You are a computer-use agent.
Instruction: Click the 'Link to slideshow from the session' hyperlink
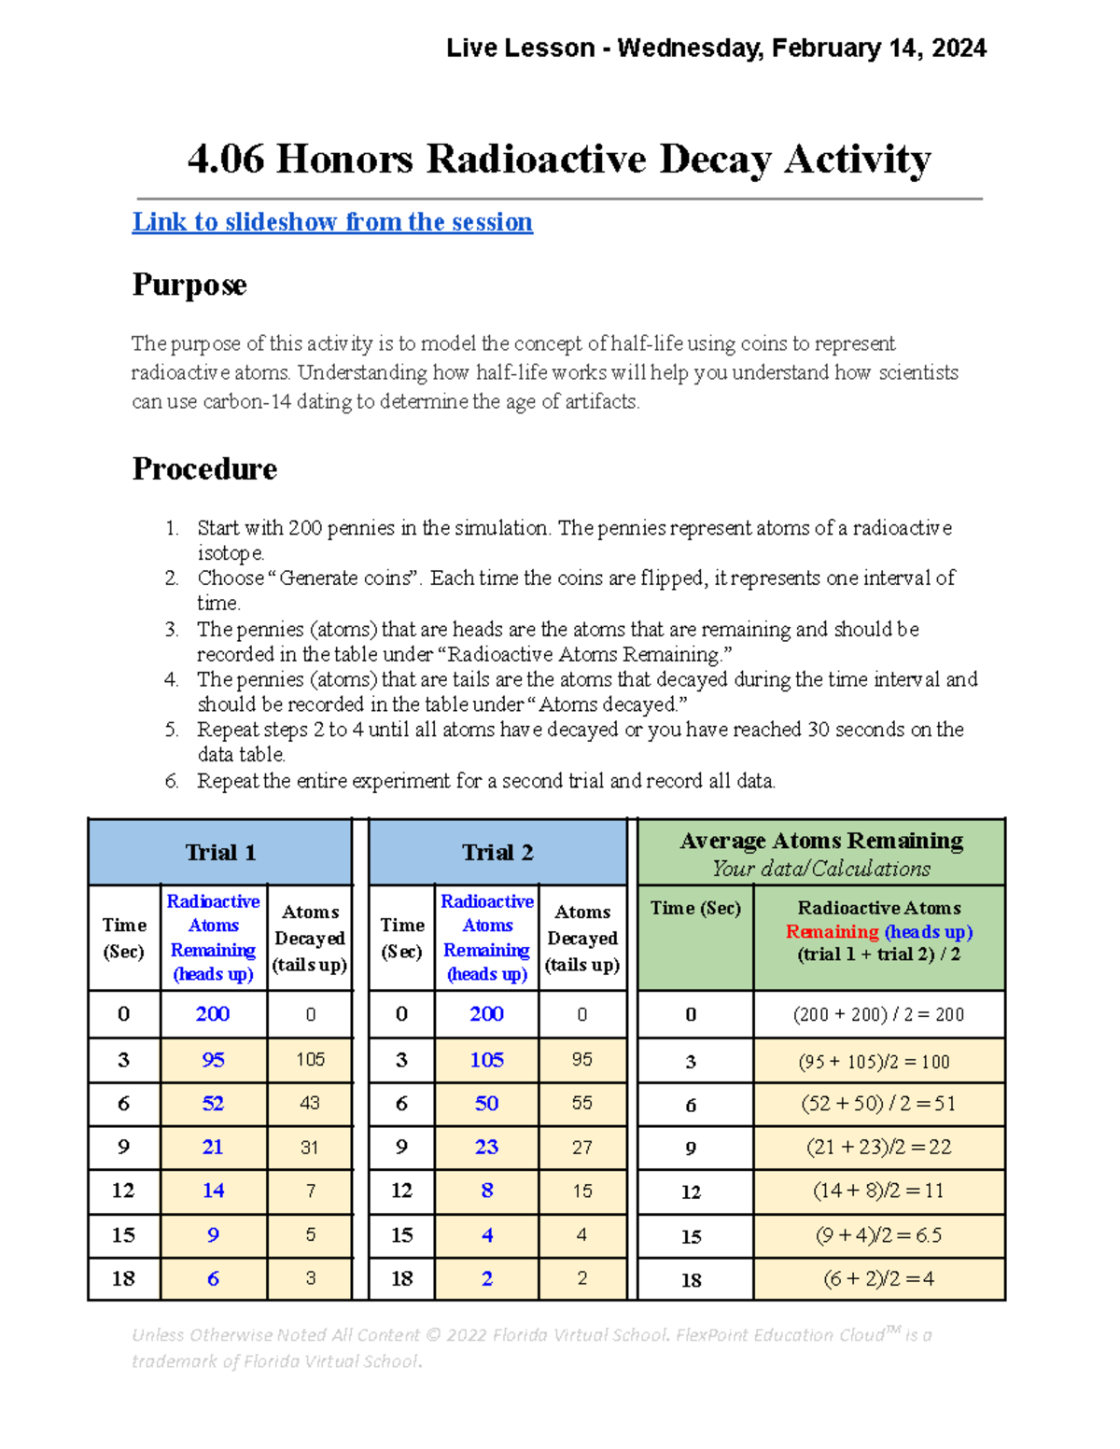tap(332, 222)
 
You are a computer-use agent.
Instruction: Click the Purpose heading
tap(189, 285)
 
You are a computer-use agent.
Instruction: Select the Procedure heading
tap(204, 468)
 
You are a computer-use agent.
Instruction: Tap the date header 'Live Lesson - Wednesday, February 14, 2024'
tap(716, 48)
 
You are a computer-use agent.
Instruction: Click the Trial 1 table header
tap(220, 853)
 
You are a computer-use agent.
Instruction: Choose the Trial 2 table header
tap(497, 853)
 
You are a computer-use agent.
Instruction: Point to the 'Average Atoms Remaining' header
tap(821, 841)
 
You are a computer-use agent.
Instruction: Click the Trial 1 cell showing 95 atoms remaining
tap(213, 1060)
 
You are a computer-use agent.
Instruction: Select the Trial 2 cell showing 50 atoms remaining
tap(486, 1103)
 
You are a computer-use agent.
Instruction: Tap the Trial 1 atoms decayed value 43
tap(310, 1103)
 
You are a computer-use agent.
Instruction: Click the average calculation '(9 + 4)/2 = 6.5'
tap(878, 1235)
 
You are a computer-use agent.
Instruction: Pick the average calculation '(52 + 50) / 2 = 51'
tap(878, 1104)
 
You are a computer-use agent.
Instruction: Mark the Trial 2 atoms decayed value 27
tap(582, 1148)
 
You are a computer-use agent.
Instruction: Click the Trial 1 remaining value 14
tap(213, 1191)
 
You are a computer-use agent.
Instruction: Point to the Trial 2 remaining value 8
tap(487, 1191)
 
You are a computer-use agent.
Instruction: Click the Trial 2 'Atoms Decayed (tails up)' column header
tap(582, 938)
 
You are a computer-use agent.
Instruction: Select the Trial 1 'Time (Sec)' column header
tap(124, 938)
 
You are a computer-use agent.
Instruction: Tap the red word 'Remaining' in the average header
tap(832, 931)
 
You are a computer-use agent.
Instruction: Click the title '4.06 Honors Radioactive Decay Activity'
tap(559, 159)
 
